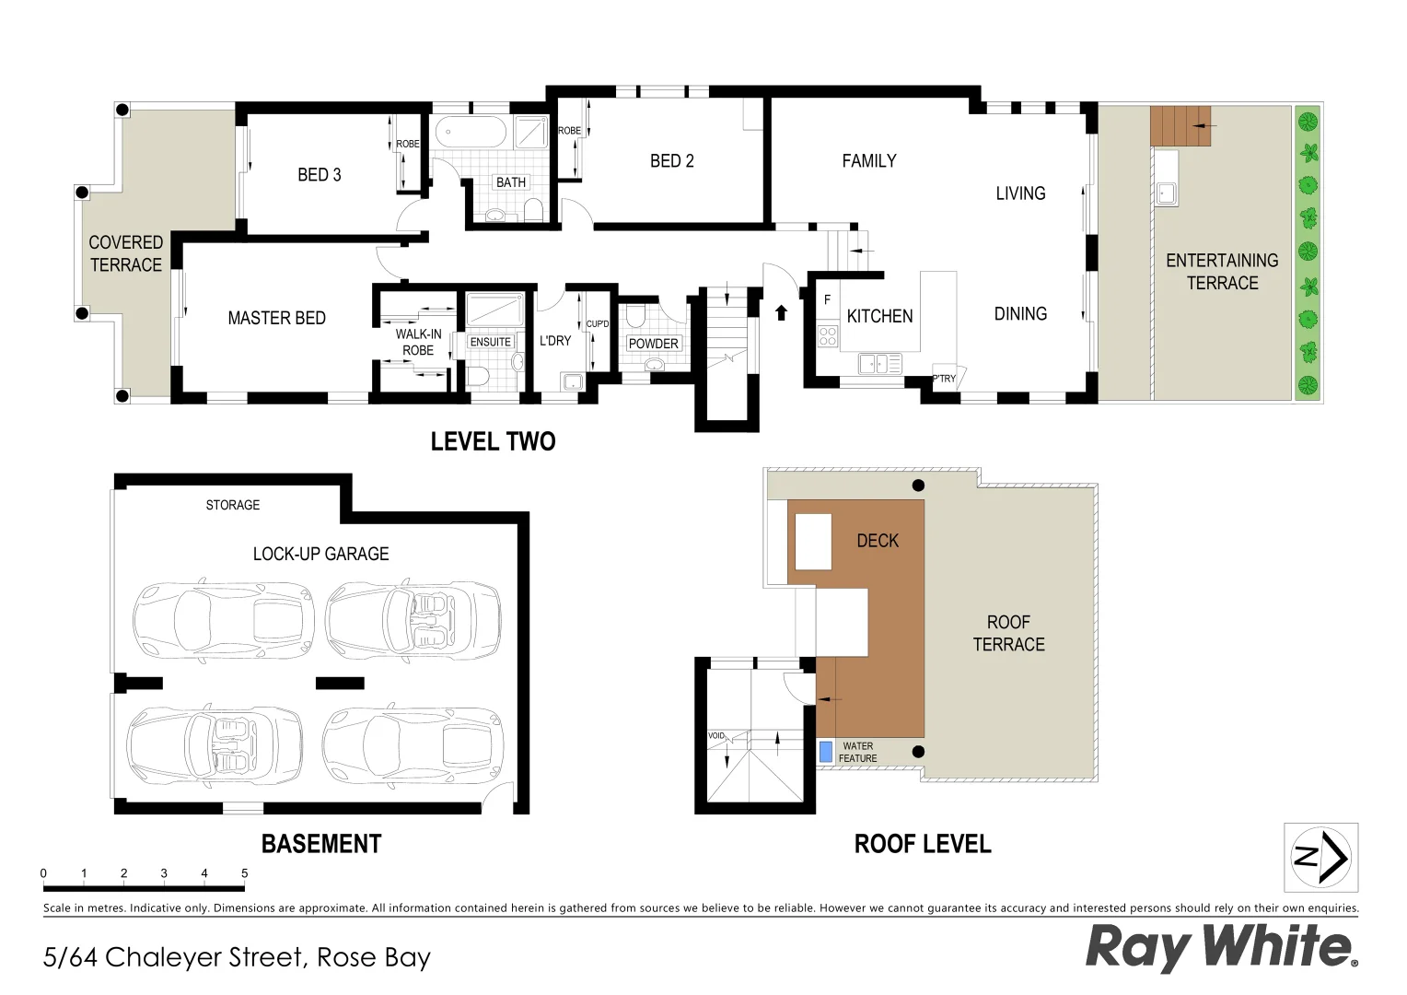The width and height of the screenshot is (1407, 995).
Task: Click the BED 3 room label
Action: pyautogui.click(x=319, y=175)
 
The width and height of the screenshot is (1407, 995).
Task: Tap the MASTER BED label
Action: pyautogui.click(x=276, y=318)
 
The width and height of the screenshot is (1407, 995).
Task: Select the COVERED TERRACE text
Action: pyautogui.click(x=125, y=253)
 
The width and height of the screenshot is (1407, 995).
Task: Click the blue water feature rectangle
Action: pyautogui.click(x=826, y=752)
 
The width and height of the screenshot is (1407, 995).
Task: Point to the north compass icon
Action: pyautogui.click(x=1320, y=857)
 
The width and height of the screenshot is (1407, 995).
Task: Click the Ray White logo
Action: pyautogui.click(x=1221, y=946)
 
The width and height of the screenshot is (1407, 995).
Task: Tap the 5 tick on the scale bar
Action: pyautogui.click(x=244, y=873)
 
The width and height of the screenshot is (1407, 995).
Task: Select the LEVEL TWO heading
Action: pyautogui.click(x=493, y=441)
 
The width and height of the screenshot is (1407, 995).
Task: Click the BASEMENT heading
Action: pyautogui.click(x=320, y=844)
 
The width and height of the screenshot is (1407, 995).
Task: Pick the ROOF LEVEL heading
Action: pyautogui.click(x=923, y=844)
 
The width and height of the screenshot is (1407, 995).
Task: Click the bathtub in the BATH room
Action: pyautogui.click(x=470, y=132)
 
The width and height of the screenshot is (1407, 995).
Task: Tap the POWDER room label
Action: pyautogui.click(x=653, y=344)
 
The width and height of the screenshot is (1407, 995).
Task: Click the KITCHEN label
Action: pyautogui.click(x=879, y=316)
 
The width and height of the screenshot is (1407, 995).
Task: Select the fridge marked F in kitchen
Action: pyautogui.click(x=827, y=300)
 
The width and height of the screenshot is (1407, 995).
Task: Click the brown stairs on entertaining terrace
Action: pyautogui.click(x=1179, y=125)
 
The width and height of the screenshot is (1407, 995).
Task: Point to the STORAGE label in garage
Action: pyautogui.click(x=232, y=505)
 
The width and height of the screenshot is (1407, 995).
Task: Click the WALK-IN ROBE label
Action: pyautogui.click(x=418, y=342)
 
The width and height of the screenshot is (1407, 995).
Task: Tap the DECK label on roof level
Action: pyautogui.click(x=877, y=541)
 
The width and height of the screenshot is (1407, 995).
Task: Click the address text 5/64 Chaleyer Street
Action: pyautogui.click(x=237, y=957)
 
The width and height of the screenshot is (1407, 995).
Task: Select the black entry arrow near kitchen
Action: pyautogui.click(x=782, y=312)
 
